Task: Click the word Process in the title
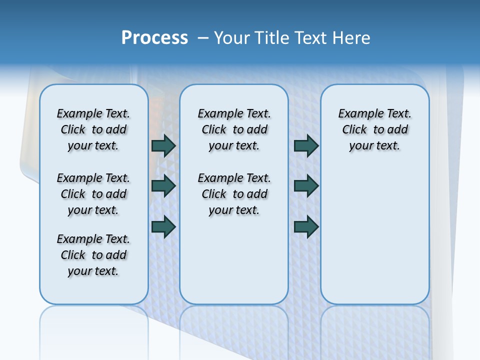pyautogui.click(x=154, y=37)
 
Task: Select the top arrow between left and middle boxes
pyautogui.click(x=163, y=145)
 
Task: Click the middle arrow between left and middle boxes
pyautogui.click(x=163, y=186)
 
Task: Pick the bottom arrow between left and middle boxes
pyautogui.click(x=163, y=226)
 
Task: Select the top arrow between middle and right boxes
pyautogui.click(x=306, y=145)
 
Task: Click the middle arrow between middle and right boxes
pyautogui.click(x=306, y=186)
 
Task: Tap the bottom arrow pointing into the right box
pyautogui.click(x=306, y=226)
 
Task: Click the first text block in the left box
pyautogui.click(x=93, y=129)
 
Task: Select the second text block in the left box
pyautogui.click(x=93, y=194)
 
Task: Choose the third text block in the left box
pyautogui.click(x=93, y=255)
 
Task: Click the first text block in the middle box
pyautogui.click(x=234, y=129)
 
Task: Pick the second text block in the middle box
pyautogui.click(x=234, y=194)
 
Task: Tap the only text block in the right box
pyautogui.click(x=374, y=129)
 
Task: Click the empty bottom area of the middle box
pyautogui.click(x=234, y=265)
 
